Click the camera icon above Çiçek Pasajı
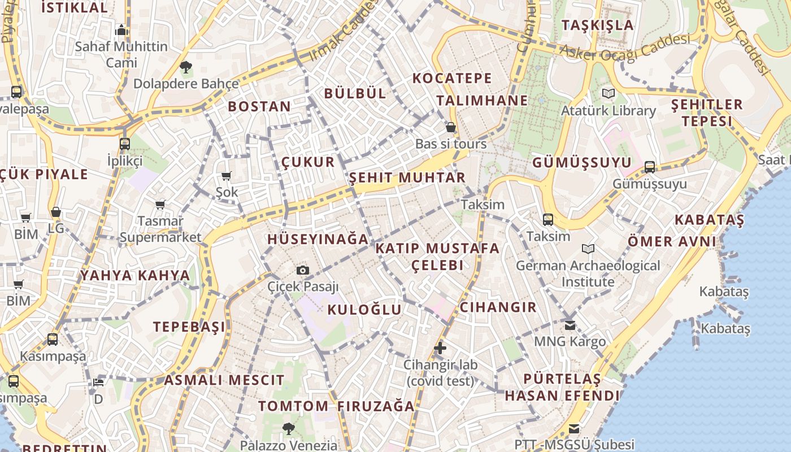tap(303, 271)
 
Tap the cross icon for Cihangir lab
tap(440, 348)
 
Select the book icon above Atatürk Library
tap(608, 94)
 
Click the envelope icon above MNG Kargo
tap(570, 325)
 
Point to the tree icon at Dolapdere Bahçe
tap(185, 68)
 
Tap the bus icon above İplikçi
tap(125, 144)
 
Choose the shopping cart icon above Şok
tap(227, 176)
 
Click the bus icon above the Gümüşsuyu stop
tap(650, 167)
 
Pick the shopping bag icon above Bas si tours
tap(451, 127)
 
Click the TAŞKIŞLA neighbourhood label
tap(598, 25)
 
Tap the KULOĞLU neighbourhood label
tap(364, 310)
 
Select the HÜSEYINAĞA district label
tap(318, 239)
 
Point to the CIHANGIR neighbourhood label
tap(498, 307)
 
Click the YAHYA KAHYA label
tap(134, 276)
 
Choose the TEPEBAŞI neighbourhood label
tap(189, 327)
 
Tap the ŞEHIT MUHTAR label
tap(407, 178)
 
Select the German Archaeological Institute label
tap(588, 273)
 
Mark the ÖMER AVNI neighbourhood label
tap(672, 242)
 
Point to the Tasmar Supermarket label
tap(160, 229)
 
